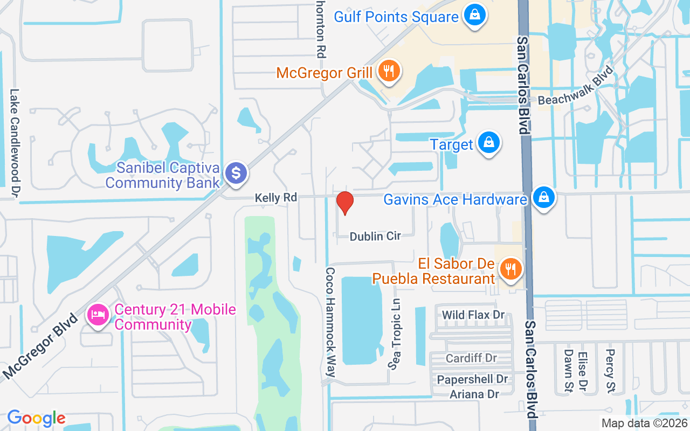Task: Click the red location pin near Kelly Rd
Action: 344,203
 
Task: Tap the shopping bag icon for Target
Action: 488,143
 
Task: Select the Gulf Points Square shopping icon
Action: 474,16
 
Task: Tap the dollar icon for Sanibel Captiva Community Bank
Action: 236,173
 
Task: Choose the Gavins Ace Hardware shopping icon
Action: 544,198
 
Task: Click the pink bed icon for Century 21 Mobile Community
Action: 98,315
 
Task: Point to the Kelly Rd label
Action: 276,198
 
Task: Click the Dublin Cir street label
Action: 375,236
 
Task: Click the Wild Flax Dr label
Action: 473,315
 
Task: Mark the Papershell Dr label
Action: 472,379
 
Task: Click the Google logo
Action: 36,418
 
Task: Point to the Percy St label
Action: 610,370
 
